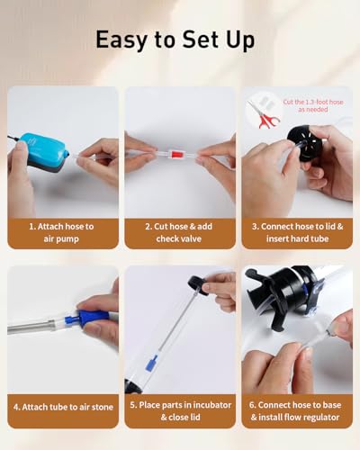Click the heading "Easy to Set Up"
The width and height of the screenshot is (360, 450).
point(175,40)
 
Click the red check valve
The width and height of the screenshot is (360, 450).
point(175,155)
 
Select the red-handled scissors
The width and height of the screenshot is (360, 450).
point(264,114)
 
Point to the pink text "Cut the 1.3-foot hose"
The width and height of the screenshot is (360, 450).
point(313,102)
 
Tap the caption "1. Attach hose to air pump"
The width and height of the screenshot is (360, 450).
point(61,232)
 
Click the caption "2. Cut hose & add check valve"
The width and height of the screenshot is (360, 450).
point(179,232)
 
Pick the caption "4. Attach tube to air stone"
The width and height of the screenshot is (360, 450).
point(63,407)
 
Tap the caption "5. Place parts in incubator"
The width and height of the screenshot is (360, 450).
point(181,405)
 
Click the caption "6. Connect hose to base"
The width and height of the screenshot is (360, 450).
point(295,405)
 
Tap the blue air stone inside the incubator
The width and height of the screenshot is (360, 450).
point(151,363)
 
